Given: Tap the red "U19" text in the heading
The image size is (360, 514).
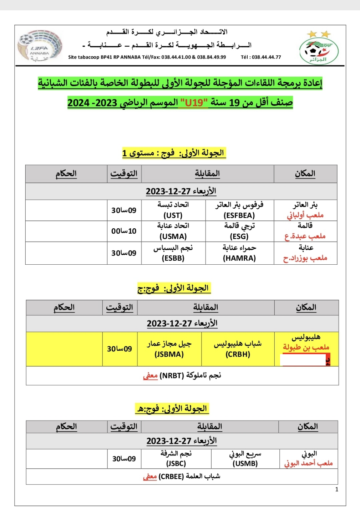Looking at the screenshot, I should pos(194,103).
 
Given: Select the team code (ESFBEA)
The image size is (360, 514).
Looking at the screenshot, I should pos(239,215).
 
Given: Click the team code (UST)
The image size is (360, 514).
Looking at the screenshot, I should pos(173,215).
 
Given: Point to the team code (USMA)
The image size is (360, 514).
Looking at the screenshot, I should pos(173,236).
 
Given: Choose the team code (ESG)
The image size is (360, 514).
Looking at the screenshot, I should pos(239,236).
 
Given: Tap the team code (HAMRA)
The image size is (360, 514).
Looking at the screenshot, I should pos(239,258).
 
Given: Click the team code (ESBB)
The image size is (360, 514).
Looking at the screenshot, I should pos(173,258).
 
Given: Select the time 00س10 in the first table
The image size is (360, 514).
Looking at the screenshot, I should pos(124,231).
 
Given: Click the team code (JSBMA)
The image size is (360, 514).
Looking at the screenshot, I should pos(169,354).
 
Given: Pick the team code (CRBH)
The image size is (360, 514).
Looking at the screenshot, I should pos(238,354).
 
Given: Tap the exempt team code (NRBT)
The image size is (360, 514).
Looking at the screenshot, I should pos(172,375).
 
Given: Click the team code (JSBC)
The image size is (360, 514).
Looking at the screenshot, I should pos(176,463).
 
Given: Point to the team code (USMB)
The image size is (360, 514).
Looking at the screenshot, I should pos(245,463).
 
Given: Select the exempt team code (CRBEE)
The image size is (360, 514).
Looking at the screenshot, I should pos(171,477).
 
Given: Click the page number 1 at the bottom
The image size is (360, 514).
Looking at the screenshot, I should pos(336,489).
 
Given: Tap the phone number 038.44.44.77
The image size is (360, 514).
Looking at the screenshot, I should pos(266,57).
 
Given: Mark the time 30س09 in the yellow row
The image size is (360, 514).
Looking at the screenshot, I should pos(120,349).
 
